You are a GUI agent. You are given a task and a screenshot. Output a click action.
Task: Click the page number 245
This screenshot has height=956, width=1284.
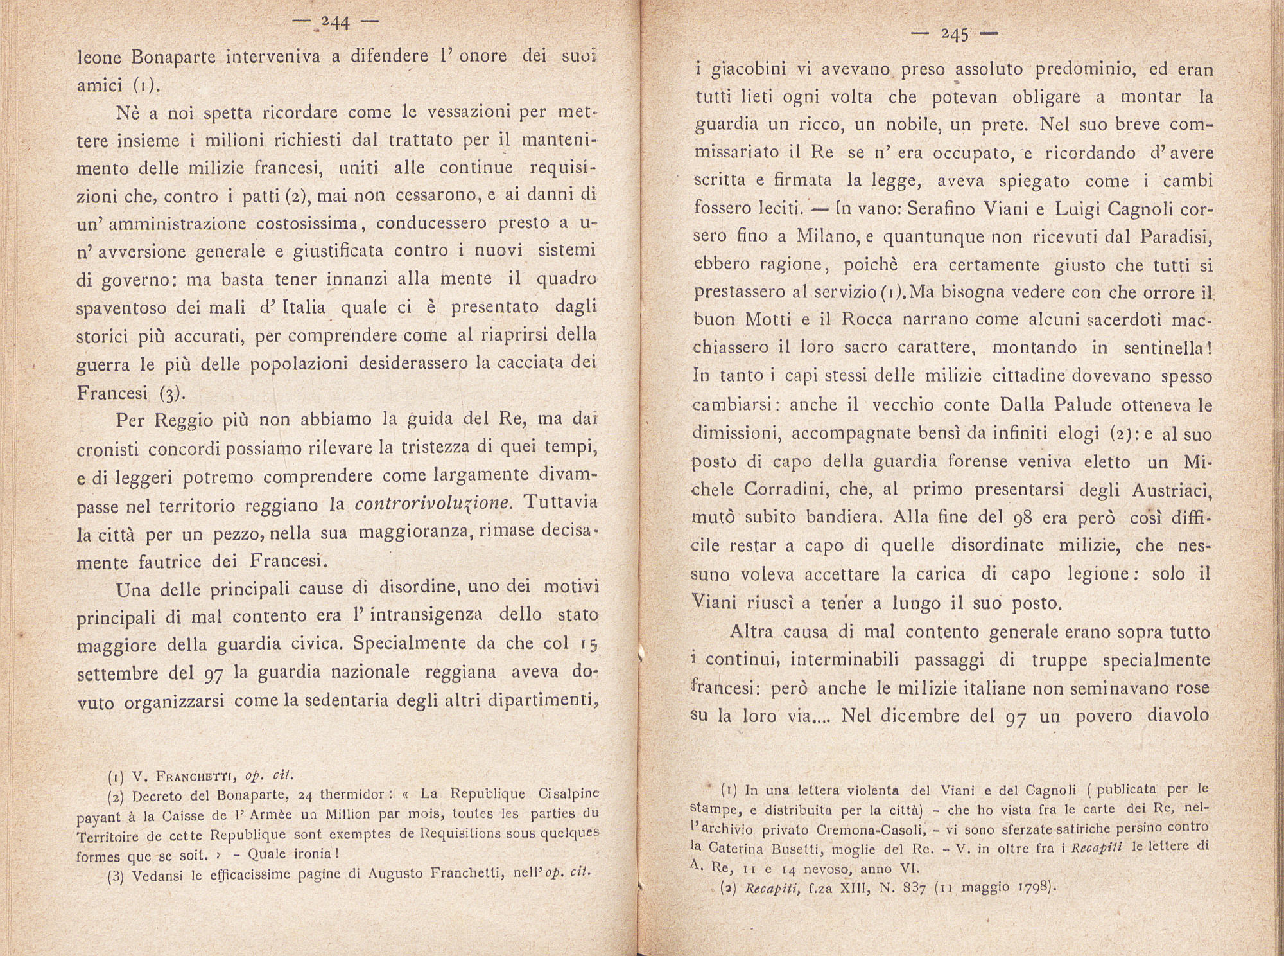[x=955, y=35]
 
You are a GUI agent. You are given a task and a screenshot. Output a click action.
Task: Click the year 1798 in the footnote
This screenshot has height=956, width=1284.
[x=1036, y=889]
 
